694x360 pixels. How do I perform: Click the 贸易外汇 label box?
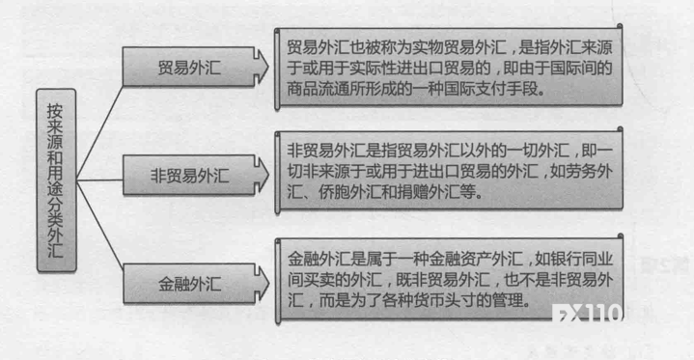[188, 68]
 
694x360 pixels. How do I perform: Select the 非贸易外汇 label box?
[188, 176]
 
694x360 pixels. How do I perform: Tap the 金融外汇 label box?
[188, 284]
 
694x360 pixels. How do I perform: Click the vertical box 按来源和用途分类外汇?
[56, 180]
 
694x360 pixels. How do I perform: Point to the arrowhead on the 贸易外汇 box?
[262, 67]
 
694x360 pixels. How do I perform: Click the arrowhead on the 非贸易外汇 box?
[262, 176]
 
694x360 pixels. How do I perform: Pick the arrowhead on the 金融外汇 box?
[262, 284]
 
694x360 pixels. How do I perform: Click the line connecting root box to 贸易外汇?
[99, 133]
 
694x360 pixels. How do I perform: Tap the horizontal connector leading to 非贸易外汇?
[99, 180]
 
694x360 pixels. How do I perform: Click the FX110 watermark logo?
[587, 313]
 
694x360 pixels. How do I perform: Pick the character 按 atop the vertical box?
[55, 111]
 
